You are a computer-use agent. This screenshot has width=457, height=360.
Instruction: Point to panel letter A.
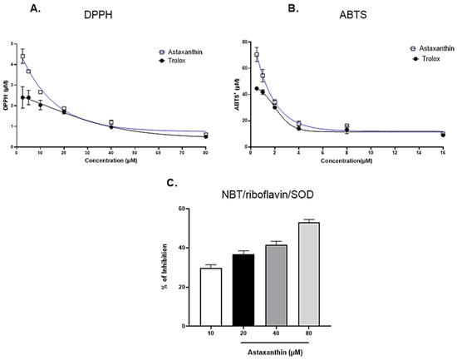click(x=7, y=10)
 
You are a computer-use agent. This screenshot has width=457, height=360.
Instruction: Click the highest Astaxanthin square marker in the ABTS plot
click(x=257, y=55)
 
